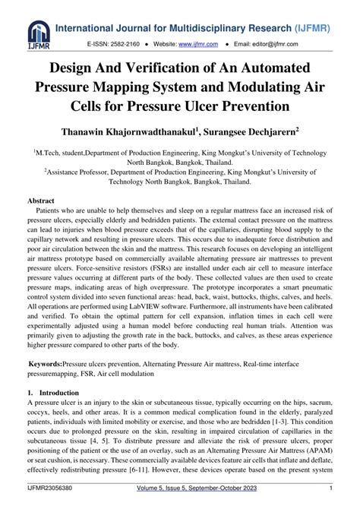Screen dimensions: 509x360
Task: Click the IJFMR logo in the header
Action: tap(37, 32)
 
